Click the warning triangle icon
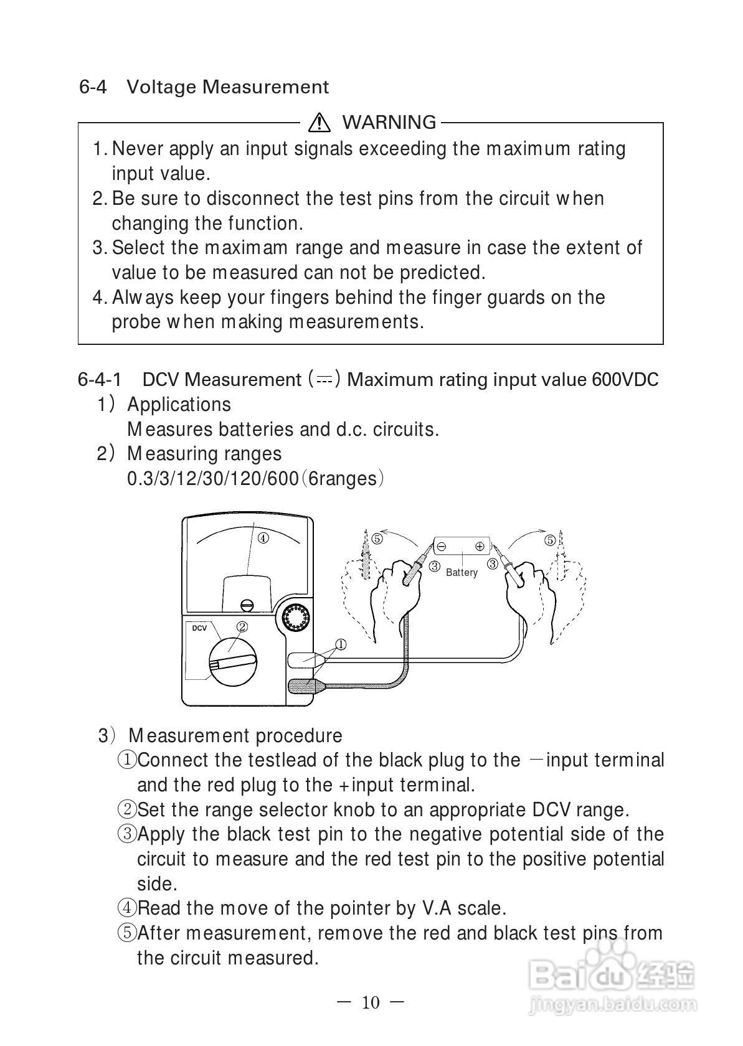click(x=319, y=122)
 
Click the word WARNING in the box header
click(x=389, y=122)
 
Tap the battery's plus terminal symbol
click(x=480, y=546)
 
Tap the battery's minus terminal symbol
click(x=442, y=546)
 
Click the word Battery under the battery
click(x=461, y=572)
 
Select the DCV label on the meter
click(x=199, y=628)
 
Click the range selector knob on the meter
click(x=233, y=661)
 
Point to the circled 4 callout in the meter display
click(x=263, y=538)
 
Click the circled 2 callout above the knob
click(x=242, y=626)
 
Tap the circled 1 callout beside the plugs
click(x=341, y=644)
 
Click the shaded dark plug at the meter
click(x=304, y=686)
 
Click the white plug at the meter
click(x=303, y=659)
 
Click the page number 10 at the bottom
click(x=370, y=1002)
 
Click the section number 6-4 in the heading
click(x=93, y=87)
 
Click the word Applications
click(x=179, y=404)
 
